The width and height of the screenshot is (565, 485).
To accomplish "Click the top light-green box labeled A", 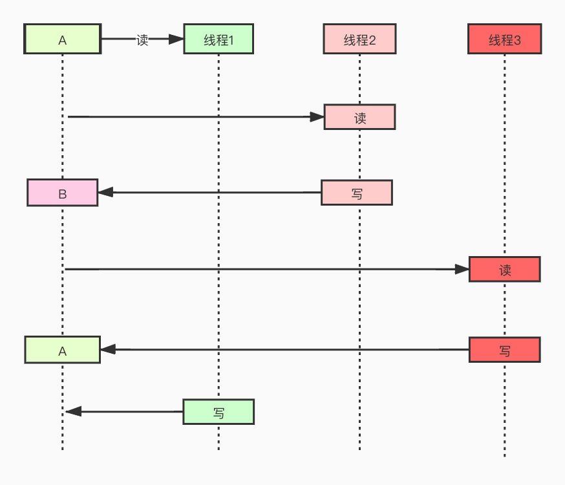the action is (62, 39).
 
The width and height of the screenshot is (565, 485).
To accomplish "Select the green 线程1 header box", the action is (219, 39).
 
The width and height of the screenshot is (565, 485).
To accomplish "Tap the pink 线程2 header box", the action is (359, 39).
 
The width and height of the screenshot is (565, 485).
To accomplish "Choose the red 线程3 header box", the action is (504, 39).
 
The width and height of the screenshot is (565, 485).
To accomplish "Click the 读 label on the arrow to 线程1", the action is (142, 39).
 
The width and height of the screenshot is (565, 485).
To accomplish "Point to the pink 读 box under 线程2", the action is (359, 117).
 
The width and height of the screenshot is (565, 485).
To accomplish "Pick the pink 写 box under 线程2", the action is (357, 193).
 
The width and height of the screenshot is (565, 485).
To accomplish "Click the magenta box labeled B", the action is (62, 193).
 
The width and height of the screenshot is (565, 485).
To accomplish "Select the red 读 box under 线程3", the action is (504, 269).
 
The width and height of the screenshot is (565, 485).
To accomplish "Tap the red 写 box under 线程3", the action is (504, 349).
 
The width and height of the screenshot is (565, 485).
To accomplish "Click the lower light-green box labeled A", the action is (62, 349).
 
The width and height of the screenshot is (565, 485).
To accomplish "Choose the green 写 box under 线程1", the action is (219, 411).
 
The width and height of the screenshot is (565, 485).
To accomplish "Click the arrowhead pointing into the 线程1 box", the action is (176, 39).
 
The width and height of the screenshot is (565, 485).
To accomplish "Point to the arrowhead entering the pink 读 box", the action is (317, 117).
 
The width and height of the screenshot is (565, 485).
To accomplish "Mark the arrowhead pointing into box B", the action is (105, 193).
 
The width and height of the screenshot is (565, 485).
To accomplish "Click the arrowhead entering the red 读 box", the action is (462, 269).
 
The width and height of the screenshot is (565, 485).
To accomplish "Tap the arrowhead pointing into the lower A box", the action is (108, 349).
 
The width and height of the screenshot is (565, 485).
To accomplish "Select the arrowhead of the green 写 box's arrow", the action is (74, 411).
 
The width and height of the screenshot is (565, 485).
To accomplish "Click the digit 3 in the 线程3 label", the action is (517, 40).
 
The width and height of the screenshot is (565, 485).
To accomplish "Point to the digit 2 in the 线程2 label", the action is (372, 40).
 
